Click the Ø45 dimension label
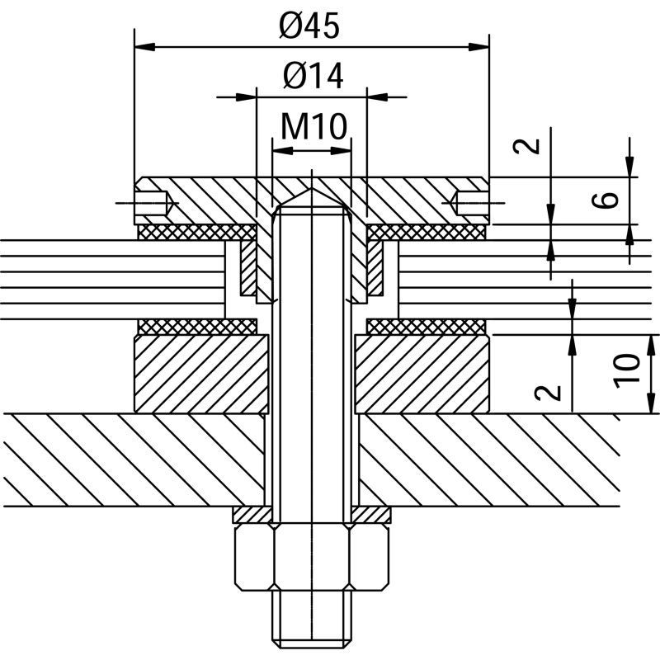click(x=309, y=26)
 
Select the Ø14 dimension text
click(x=313, y=76)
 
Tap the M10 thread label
click(x=314, y=126)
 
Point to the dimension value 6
click(x=605, y=200)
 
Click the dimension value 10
click(x=627, y=370)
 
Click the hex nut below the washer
click(x=312, y=557)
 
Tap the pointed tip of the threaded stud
click(x=312, y=188)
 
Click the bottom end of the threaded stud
click(x=312, y=648)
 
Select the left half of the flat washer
click(x=252, y=515)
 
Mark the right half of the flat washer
click(x=370, y=515)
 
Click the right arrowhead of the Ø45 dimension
click(x=479, y=47)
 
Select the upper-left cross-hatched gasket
click(x=197, y=233)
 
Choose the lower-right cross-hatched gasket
click(x=427, y=327)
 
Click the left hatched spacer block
click(x=201, y=374)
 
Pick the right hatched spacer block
click(x=422, y=374)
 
